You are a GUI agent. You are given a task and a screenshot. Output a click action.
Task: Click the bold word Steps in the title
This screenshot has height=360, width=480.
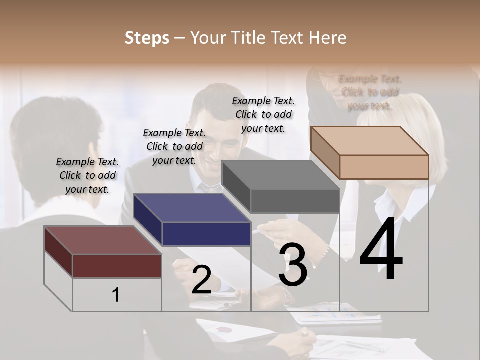pyautogui.click(x=147, y=38)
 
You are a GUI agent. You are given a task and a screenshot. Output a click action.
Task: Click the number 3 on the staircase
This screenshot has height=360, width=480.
pyautogui.click(x=293, y=265)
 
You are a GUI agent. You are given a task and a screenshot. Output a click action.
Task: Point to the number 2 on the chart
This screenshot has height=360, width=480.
pyautogui.click(x=201, y=280)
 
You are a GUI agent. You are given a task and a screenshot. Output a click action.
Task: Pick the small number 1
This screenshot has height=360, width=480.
pyautogui.click(x=115, y=295)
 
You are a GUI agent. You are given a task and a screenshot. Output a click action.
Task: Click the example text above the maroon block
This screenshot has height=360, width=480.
pyautogui.click(x=87, y=175)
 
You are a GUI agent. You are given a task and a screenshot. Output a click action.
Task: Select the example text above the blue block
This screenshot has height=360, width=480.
pyautogui.click(x=174, y=146)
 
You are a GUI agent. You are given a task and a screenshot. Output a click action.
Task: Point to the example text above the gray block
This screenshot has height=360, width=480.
pyautogui.click(x=263, y=114)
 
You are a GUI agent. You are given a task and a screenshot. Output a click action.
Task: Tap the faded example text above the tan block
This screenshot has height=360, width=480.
pyautogui.click(x=370, y=92)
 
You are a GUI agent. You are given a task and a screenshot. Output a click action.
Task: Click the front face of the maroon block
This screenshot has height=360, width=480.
pyautogui.click(x=117, y=266)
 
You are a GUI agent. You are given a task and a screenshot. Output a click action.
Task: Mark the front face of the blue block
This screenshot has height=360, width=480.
pyautogui.click(x=206, y=234)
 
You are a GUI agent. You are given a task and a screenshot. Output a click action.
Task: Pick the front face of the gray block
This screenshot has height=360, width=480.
pyautogui.click(x=295, y=201)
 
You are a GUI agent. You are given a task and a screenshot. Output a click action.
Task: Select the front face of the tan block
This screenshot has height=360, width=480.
pyautogui.click(x=384, y=167)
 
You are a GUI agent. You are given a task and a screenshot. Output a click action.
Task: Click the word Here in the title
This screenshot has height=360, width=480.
pyautogui.click(x=328, y=38)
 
